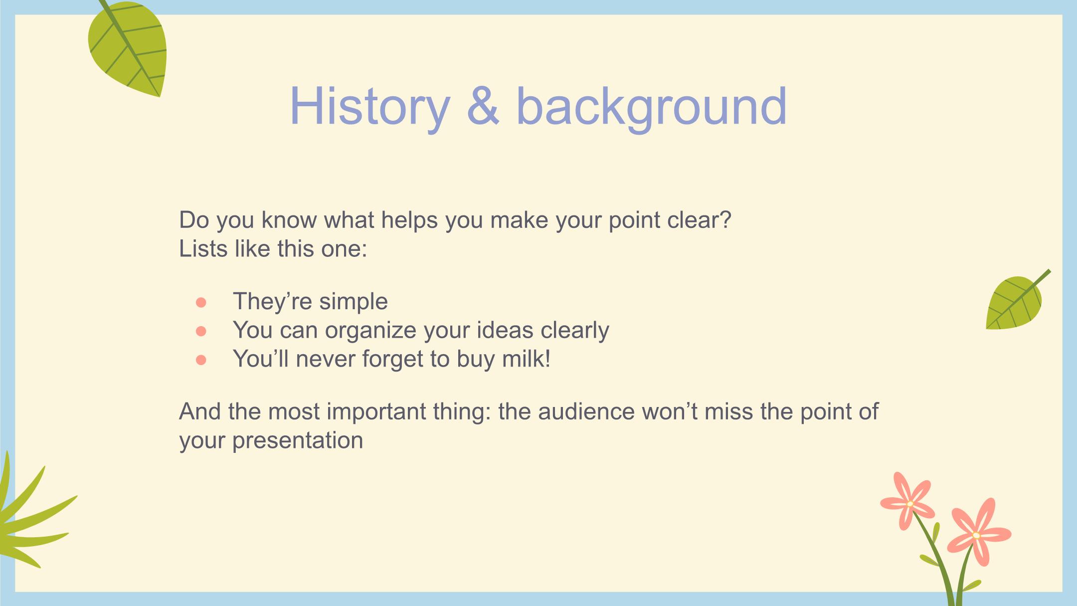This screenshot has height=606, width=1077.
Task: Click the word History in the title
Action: (x=369, y=107)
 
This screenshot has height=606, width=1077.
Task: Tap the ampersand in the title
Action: (x=483, y=106)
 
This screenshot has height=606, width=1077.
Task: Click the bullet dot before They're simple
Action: (x=201, y=302)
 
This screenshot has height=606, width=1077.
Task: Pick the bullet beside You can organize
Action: (x=201, y=331)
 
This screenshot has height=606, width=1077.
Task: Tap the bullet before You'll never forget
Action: (x=201, y=360)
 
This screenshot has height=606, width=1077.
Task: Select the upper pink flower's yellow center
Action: (x=909, y=504)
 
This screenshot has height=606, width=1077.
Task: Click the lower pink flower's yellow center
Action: (x=976, y=536)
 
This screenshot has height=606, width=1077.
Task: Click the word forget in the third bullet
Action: (x=394, y=360)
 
